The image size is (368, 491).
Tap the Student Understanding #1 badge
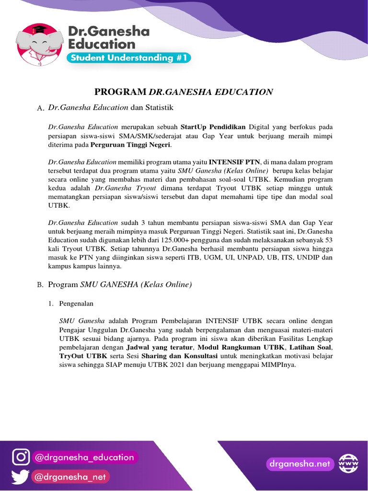129,58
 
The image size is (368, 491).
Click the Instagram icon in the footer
21,457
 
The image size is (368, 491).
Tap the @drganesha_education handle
84,457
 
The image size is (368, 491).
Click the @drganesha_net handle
71,477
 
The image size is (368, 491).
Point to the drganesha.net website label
299,464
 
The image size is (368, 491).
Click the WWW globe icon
348,464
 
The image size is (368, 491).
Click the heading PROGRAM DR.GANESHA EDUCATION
184,92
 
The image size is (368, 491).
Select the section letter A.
40,109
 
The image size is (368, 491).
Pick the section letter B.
40,285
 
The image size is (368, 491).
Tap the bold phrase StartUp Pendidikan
213,127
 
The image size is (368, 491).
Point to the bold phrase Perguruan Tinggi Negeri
130,144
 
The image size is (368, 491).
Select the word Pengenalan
76,304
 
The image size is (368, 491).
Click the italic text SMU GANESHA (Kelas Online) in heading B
136,285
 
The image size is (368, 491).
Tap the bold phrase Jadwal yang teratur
160,347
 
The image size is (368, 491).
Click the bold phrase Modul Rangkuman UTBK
241,347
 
